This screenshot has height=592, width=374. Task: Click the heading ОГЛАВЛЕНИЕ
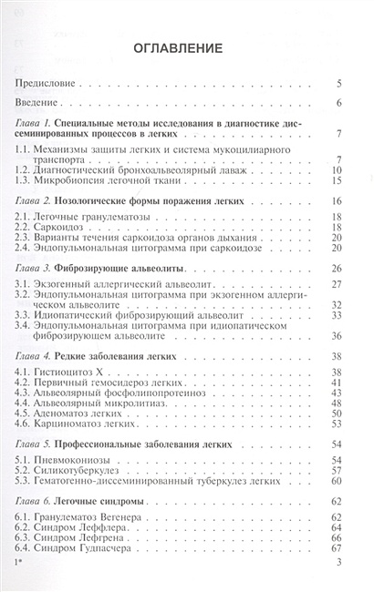click(x=187, y=50)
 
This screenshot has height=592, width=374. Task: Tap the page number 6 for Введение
click(x=338, y=102)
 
